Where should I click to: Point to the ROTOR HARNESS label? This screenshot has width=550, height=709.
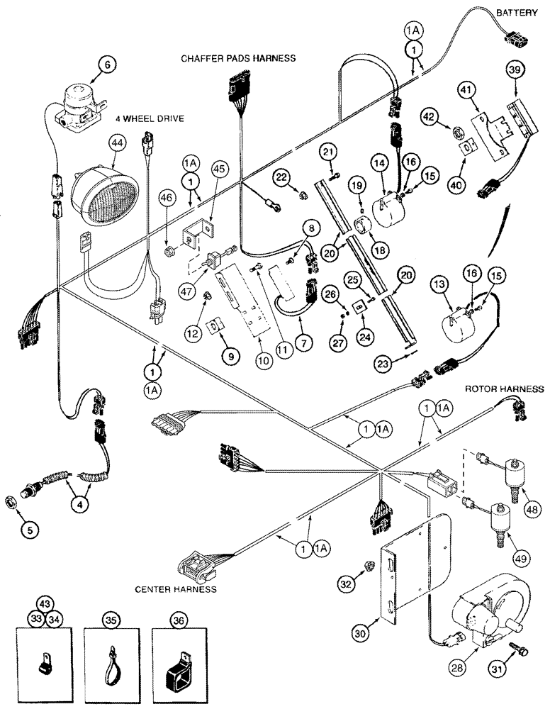pos(505,389)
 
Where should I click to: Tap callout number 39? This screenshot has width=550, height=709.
pos(515,69)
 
